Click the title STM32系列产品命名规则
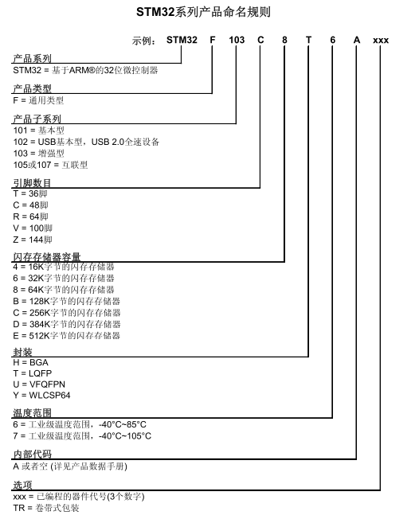click(x=209, y=13)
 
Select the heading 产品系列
click(x=33, y=59)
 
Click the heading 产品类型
click(x=33, y=89)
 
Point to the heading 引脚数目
click(x=33, y=183)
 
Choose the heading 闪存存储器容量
click(x=47, y=256)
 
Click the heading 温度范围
click(x=33, y=414)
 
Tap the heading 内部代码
click(x=33, y=455)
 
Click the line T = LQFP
click(x=36, y=373)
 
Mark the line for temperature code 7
click(x=82, y=436)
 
